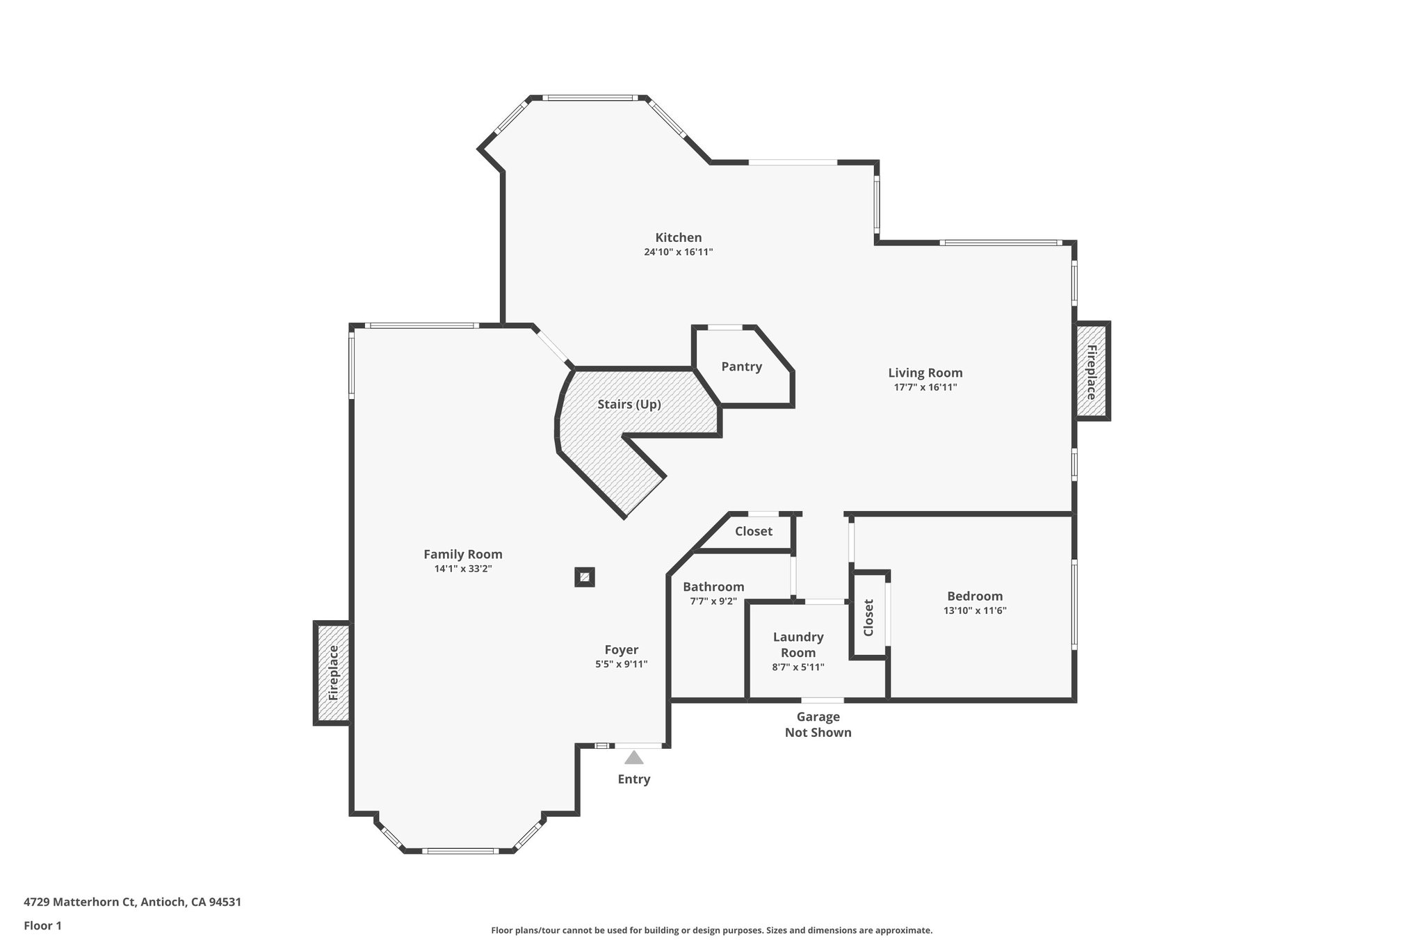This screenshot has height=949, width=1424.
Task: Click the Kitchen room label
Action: pyautogui.click(x=678, y=238)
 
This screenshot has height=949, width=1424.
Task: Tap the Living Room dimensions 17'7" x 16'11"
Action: pyautogui.click(x=925, y=388)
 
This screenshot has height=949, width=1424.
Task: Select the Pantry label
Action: pyautogui.click(x=741, y=366)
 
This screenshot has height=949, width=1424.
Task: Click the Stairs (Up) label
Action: pyautogui.click(x=629, y=404)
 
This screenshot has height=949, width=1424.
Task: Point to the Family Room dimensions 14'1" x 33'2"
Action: pyautogui.click(x=463, y=569)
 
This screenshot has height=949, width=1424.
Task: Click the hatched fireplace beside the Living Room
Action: pyautogui.click(x=1092, y=371)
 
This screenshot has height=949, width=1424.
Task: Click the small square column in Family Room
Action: pyautogui.click(x=585, y=577)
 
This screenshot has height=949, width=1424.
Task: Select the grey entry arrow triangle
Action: pyautogui.click(x=633, y=758)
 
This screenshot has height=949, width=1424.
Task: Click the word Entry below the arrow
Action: pyautogui.click(x=633, y=779)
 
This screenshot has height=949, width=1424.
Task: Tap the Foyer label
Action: pyautogui.click(x=621, y=650)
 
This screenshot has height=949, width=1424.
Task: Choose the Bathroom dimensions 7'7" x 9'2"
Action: pyautogui.click(x=713, y=601)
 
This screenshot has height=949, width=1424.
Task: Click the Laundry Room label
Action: pyautogui.click(x=798, y=644)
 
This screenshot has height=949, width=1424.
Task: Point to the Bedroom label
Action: pyautogui.click(x=974, y=597)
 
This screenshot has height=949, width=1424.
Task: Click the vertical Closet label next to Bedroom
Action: pyautogui.click(x=868, y=617)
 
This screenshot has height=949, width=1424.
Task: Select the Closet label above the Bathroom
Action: pyautogui.click(x=753, y=531)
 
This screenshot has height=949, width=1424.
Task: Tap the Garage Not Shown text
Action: pyautogui.click(x=818, y=724)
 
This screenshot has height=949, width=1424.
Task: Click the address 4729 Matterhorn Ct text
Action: pyautogui.click(x=132, y=902)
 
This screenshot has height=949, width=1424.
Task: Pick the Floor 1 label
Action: pyautogui.click(x=42, y=926)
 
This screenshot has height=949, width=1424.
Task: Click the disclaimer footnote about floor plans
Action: pyautogui.click(x=711, y=930)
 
